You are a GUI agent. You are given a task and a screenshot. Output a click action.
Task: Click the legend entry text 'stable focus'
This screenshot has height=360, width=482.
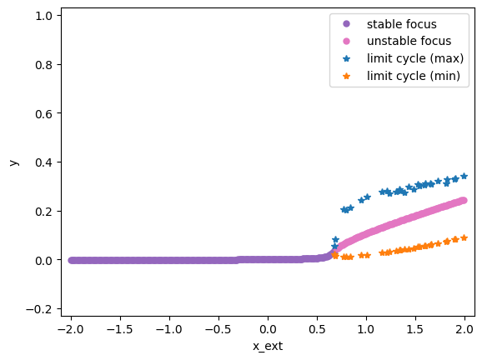tap(401, 24)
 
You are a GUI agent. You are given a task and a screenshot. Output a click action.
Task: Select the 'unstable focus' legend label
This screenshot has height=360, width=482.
tap(409, 41)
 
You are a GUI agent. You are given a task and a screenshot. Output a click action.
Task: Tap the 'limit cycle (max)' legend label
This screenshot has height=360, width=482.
tap(415, 58)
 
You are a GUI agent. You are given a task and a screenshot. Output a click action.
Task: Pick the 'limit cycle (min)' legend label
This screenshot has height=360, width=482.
tap(413, 76)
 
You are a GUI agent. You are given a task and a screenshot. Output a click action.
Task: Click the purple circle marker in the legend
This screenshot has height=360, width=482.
tap(346, 24)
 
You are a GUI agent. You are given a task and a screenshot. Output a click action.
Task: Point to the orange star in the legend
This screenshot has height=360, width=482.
tap(346, 76)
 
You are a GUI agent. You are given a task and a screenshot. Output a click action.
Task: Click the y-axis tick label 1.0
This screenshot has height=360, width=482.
tap(43, 16)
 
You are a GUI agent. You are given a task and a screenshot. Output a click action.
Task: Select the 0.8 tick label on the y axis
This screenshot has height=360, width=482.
tap(43, 65)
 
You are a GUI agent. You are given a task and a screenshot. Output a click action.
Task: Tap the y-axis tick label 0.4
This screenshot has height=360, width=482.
tap(43, 162)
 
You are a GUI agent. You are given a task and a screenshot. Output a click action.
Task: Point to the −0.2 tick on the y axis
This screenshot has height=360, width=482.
tap(39, 309)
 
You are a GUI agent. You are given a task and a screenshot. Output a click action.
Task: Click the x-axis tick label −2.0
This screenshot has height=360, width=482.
tap(71, 330)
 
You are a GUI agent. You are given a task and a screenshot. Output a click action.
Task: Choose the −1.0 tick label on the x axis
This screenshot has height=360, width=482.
tap(169, 330)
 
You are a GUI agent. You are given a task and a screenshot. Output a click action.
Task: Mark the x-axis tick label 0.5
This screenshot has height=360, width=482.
tap(317, 330)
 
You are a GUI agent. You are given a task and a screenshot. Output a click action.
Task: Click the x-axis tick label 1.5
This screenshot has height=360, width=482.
tap(415, 330)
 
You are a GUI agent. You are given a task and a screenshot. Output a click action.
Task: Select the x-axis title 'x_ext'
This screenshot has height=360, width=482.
tap(268, 346)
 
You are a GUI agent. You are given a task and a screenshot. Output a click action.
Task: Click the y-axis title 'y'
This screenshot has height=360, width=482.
tap(14, 162)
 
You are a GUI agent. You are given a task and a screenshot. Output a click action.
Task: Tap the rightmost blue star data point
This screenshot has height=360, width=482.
tap(464, 176)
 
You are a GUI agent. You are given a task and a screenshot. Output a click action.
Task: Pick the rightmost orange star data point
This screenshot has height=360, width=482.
tap(464, 237)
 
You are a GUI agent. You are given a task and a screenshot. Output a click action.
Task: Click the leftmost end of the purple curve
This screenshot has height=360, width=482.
tap(72, 260)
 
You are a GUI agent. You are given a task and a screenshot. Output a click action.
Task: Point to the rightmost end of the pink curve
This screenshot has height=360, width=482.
tap(464, 200)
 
